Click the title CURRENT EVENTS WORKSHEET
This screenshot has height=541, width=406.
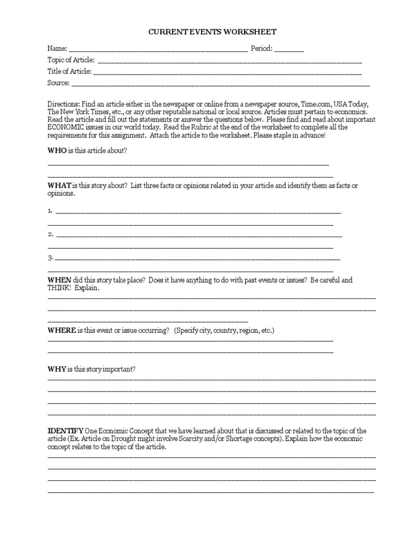point(212,32)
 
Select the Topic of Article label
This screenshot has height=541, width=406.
point(71,60)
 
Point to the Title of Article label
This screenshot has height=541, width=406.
point(69,71)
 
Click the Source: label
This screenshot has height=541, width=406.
point(58,83)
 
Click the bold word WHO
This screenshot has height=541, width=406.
point(57,151)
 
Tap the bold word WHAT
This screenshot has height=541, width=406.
point(59,185)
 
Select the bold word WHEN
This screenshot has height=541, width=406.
point(59,280)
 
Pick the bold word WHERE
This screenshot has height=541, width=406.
point(62,330)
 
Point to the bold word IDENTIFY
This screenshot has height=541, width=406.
point(66,431)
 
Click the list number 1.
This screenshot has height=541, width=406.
point(50,211)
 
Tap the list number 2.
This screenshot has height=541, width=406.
point(50,234)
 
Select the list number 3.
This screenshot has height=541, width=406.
point(50,258)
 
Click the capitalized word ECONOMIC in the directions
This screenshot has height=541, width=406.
point(64,127)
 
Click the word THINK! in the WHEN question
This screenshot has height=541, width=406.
point(59,288)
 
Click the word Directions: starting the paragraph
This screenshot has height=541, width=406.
point(63,105)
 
